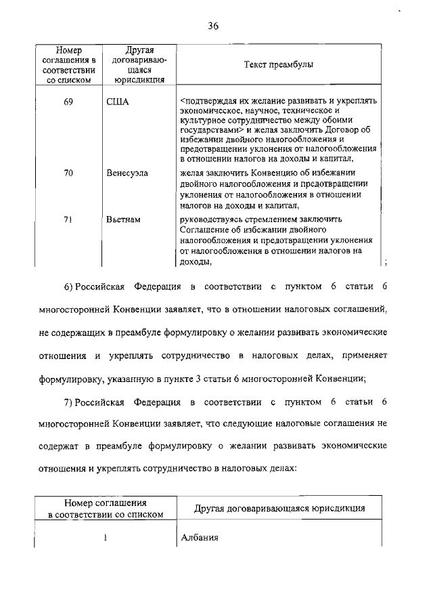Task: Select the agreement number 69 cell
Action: (68, 102)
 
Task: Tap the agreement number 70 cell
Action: (68, 173)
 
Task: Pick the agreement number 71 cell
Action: (68, 220)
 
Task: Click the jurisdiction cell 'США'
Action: (117, 102)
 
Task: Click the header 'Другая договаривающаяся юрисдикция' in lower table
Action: (279, 508)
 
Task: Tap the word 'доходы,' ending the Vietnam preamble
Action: (196, 261)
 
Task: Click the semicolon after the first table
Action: (384, 262)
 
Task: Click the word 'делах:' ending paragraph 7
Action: (283, 467)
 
